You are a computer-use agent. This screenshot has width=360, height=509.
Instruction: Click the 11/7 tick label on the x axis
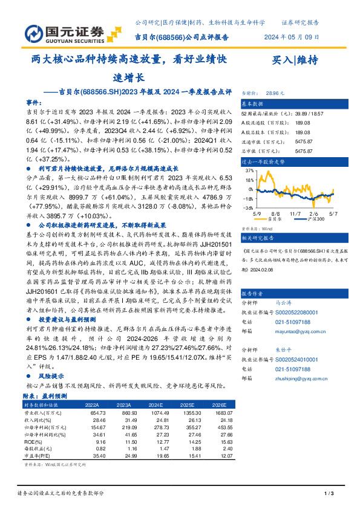295,213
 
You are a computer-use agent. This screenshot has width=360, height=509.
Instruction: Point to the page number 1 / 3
329,494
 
